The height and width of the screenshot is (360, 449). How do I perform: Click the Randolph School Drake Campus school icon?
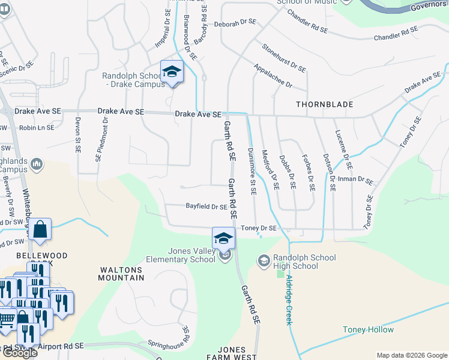[172, 72]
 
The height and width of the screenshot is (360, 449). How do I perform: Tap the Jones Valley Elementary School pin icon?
[223, 238]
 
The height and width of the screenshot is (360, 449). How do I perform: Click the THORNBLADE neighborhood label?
[324, 104]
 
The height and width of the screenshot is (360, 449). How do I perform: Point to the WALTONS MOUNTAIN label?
[122, 274]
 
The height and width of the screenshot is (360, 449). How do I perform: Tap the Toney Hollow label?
[368, 329]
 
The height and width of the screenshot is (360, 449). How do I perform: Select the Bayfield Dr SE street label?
[206, 206]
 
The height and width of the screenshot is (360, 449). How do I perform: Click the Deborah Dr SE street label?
[235, 22]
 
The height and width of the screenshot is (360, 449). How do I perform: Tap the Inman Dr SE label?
[357, 179]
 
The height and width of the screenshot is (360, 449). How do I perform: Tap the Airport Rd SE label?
[60, 347]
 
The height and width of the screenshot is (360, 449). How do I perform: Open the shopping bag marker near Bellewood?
[40, 230]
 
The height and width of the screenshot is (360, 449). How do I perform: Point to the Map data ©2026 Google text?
[412, 355]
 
